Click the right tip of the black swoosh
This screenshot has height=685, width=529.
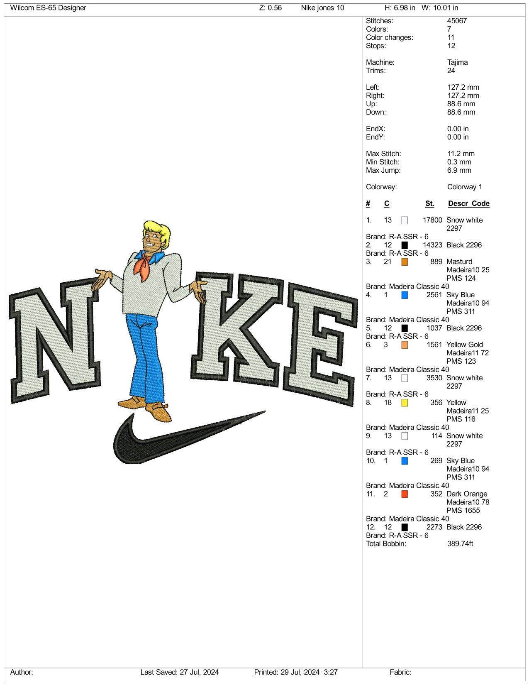click(x=265, y=411)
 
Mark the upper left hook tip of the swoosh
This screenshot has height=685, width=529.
click(x=133, y=414)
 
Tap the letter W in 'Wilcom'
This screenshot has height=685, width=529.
click(x=13, y=8)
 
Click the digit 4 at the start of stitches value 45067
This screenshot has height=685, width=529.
click(x=449, y=21)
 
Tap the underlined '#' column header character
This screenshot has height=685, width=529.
click(x=368, y=204)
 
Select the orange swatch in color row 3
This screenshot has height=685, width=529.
click(x=405, y=262)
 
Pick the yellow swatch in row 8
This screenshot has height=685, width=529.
click(x=405, y=403)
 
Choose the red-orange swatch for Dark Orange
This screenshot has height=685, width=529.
click(x=405, y=494)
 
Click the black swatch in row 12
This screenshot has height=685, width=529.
click(x=405, y=527)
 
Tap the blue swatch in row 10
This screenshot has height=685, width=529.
click(x=405, y=461)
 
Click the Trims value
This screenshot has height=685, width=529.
click(x=451, y=71)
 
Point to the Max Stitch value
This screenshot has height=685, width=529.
click(x=461, y=154)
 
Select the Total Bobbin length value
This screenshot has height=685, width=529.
click(x=460, y=544)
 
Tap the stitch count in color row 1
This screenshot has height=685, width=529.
click(x=432, y=220)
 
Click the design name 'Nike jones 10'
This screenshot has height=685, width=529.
click(x=322, y=8)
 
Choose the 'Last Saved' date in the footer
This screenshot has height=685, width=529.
click(x=199, y=672)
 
